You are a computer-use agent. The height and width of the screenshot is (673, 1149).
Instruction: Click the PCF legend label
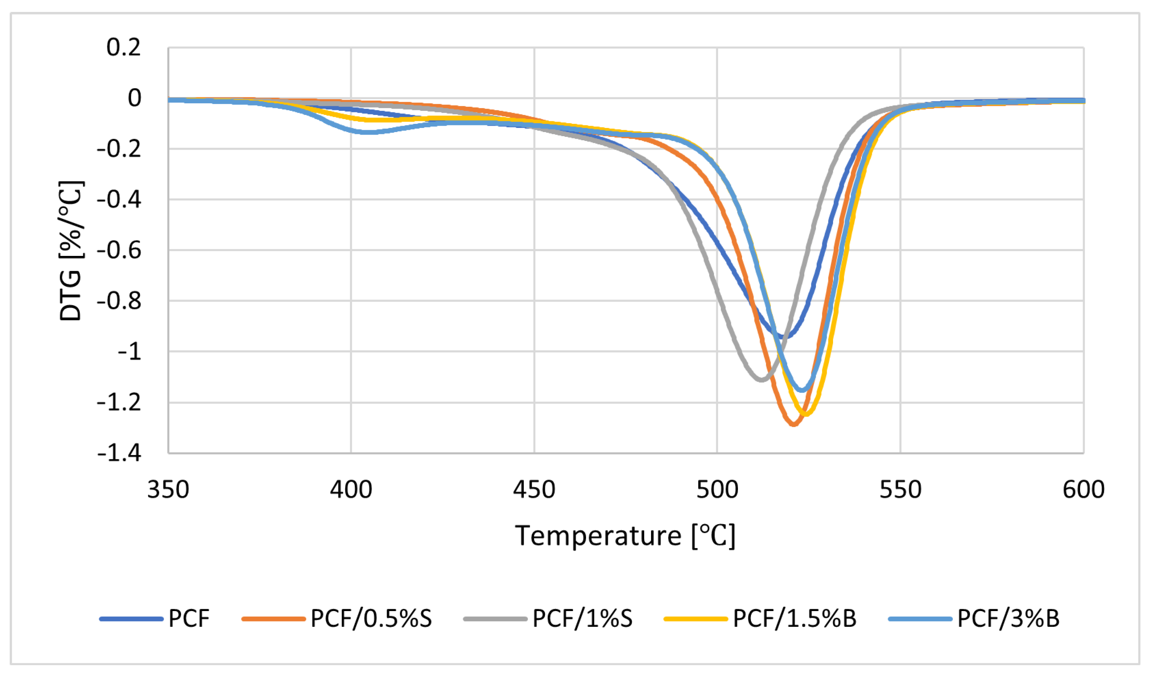pyautogui.click(x=189, y=619)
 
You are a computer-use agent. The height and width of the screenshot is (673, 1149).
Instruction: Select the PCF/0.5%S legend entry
pyautogui.click(x=371, y=619)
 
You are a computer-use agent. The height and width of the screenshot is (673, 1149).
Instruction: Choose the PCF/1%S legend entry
pyautogui.click(x=582, y=619)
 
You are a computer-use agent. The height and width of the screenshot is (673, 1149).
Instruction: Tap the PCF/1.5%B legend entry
pyautogui.click(x=794, y=619)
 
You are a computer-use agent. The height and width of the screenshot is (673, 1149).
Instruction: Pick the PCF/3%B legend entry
pyautogui.click(x=1008, y=619)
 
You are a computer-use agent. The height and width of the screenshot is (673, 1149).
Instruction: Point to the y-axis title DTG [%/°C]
pyautogui.click(x=71, y=251)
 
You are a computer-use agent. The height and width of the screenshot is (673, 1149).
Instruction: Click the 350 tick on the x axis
pyautogui.click(x=168, y=490)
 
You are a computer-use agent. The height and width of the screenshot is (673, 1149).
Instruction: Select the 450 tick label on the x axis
pyautogui.click(x=534, y=490)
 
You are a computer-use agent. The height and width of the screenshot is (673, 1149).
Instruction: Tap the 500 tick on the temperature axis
pyautogui.click(x=717, y=490)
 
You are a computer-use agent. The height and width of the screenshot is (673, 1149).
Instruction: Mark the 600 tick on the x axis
pyautogui.click(x=1083, y=490)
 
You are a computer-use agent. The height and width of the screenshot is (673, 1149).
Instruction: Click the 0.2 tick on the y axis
pyautogui.click(x=123, y=47)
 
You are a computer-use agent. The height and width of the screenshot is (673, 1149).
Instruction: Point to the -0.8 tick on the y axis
pyautogui.click(x=119, y=301)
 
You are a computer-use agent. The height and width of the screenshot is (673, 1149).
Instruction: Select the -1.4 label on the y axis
pyautogui.click(x=119, y=453)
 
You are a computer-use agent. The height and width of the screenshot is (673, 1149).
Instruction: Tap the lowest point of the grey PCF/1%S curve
pyautogui.click(x=761, y=379)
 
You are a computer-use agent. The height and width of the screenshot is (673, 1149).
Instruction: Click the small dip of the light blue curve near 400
pyautogui.click(x=367, y=132)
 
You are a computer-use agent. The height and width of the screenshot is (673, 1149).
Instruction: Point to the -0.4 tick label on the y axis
pyautogui.click(x=119, y=200)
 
